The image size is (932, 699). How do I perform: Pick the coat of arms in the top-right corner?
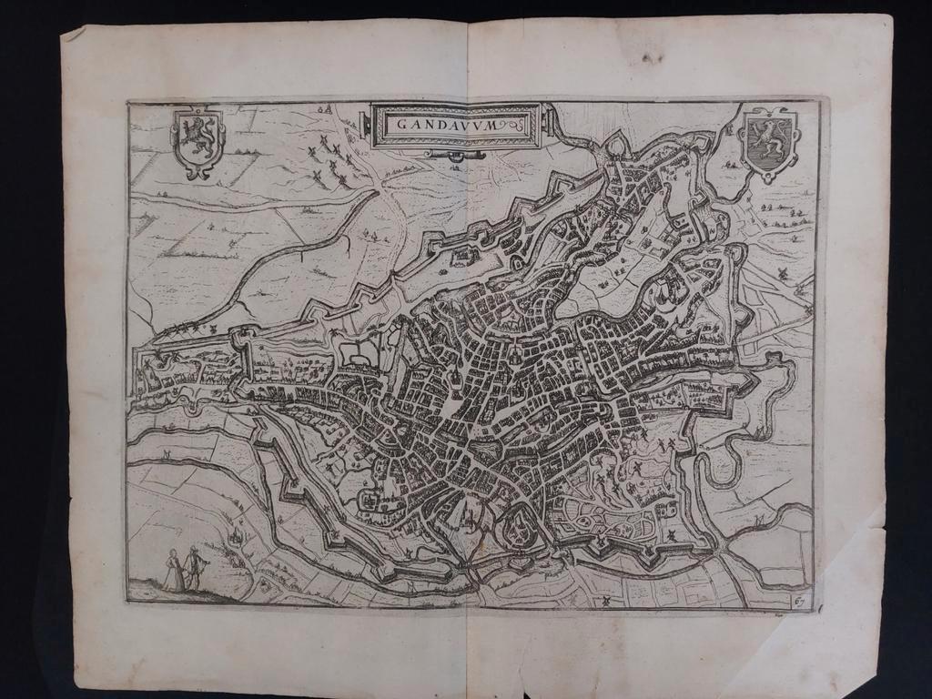pos(770,142)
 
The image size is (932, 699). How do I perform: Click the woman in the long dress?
pos(173,571)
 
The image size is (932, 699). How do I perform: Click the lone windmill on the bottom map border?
pos(601,600)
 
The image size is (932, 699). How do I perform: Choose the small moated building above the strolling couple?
pos(237,538)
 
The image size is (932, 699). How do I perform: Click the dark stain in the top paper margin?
pos(652,58)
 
